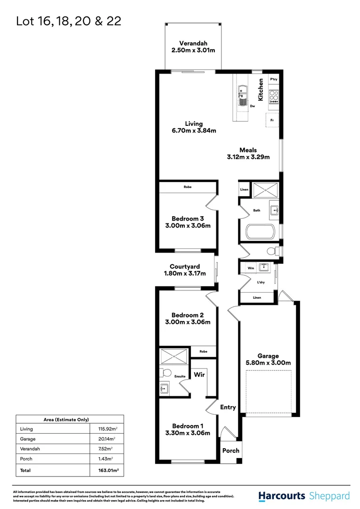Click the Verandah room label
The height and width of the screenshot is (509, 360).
(192, 41)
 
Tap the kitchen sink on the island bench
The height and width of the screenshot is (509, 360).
(243, 90)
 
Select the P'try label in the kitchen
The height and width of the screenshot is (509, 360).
(274, 80)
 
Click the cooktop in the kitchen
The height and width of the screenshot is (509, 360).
(274, 97)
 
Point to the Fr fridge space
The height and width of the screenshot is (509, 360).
(272, 120)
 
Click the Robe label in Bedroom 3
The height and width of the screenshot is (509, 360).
(188, 187)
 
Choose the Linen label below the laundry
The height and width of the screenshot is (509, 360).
(257, 297)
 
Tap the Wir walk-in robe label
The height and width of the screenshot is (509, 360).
(199, 375)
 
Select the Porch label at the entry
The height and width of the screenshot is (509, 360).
(231, 451)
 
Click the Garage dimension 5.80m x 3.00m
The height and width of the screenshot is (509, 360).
(268, 363)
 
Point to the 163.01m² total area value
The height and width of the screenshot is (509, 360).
(106, 470)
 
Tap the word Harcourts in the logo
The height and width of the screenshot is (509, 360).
(282, 496)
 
